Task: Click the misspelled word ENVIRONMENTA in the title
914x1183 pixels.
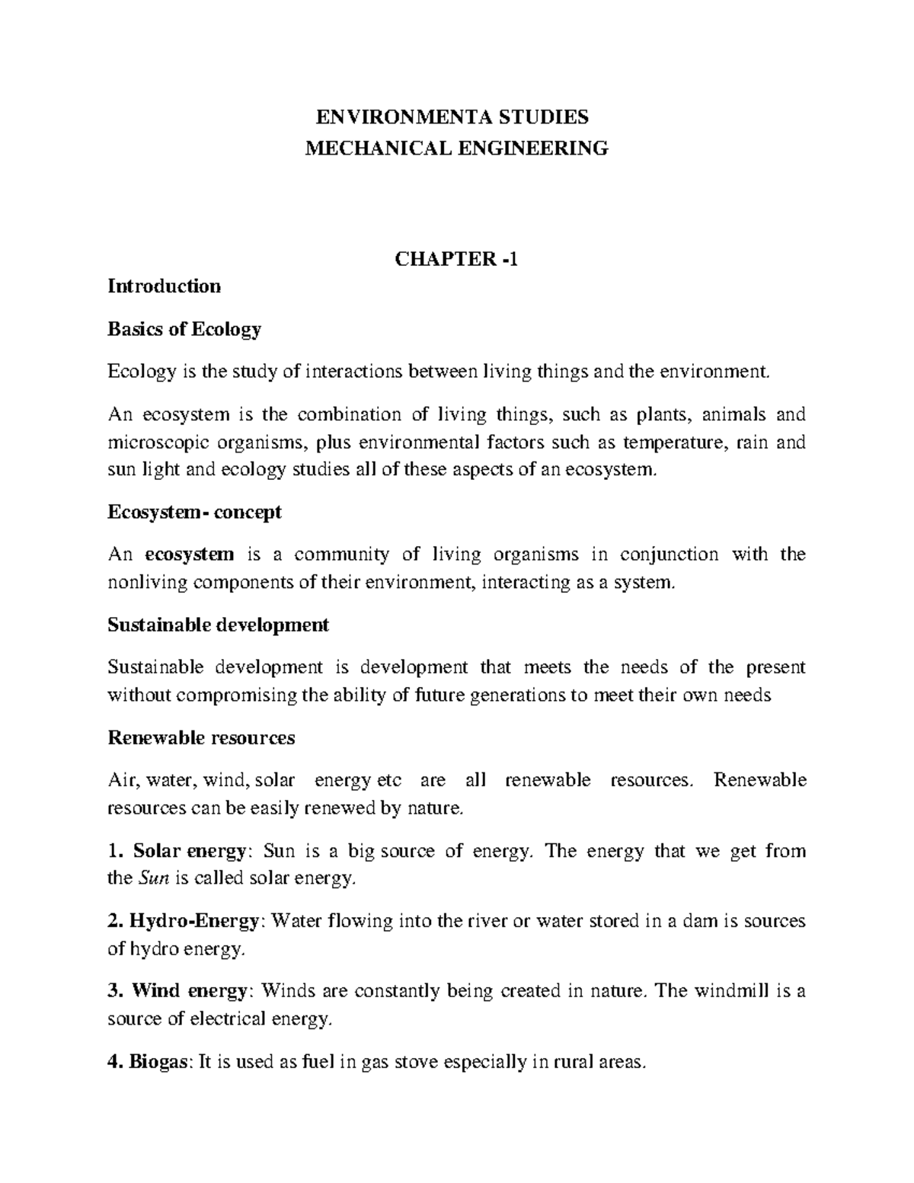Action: coord(395,117)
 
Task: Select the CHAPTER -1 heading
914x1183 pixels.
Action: coord(456,259)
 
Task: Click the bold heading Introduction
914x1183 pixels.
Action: coord(165,286)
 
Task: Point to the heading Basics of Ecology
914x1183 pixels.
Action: coord(184,329)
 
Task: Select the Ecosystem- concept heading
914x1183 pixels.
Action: coord(195,512)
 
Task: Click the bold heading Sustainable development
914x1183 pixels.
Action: coord(219,625)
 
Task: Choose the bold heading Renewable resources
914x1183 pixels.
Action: coord(201,738)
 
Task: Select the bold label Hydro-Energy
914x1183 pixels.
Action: coord(194,921)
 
